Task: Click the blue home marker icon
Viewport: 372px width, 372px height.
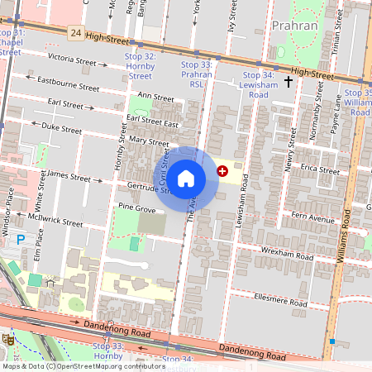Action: pos(186,178)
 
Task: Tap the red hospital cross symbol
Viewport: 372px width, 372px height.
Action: pos(222,170)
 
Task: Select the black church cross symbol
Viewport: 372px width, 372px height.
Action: pos(289,81)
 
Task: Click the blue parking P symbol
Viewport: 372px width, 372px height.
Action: pos(21,239)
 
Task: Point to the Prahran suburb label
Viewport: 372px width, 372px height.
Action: pos(294,26)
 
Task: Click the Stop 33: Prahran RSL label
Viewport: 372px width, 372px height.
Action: pos(197,74)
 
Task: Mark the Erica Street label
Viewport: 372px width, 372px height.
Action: pos(320,169)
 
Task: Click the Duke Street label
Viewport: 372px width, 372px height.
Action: pos(62,128)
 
